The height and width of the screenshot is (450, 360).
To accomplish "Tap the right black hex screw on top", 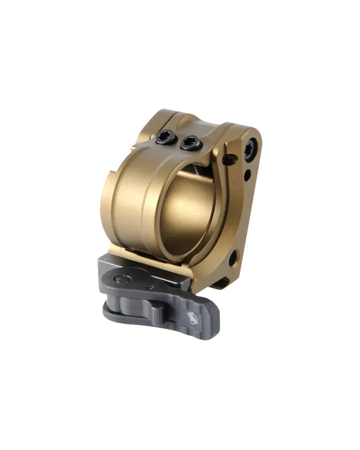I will [189, 143].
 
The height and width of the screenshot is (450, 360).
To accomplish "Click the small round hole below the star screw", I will [247, 175].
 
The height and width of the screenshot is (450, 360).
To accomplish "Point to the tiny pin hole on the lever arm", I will [149, 288].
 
